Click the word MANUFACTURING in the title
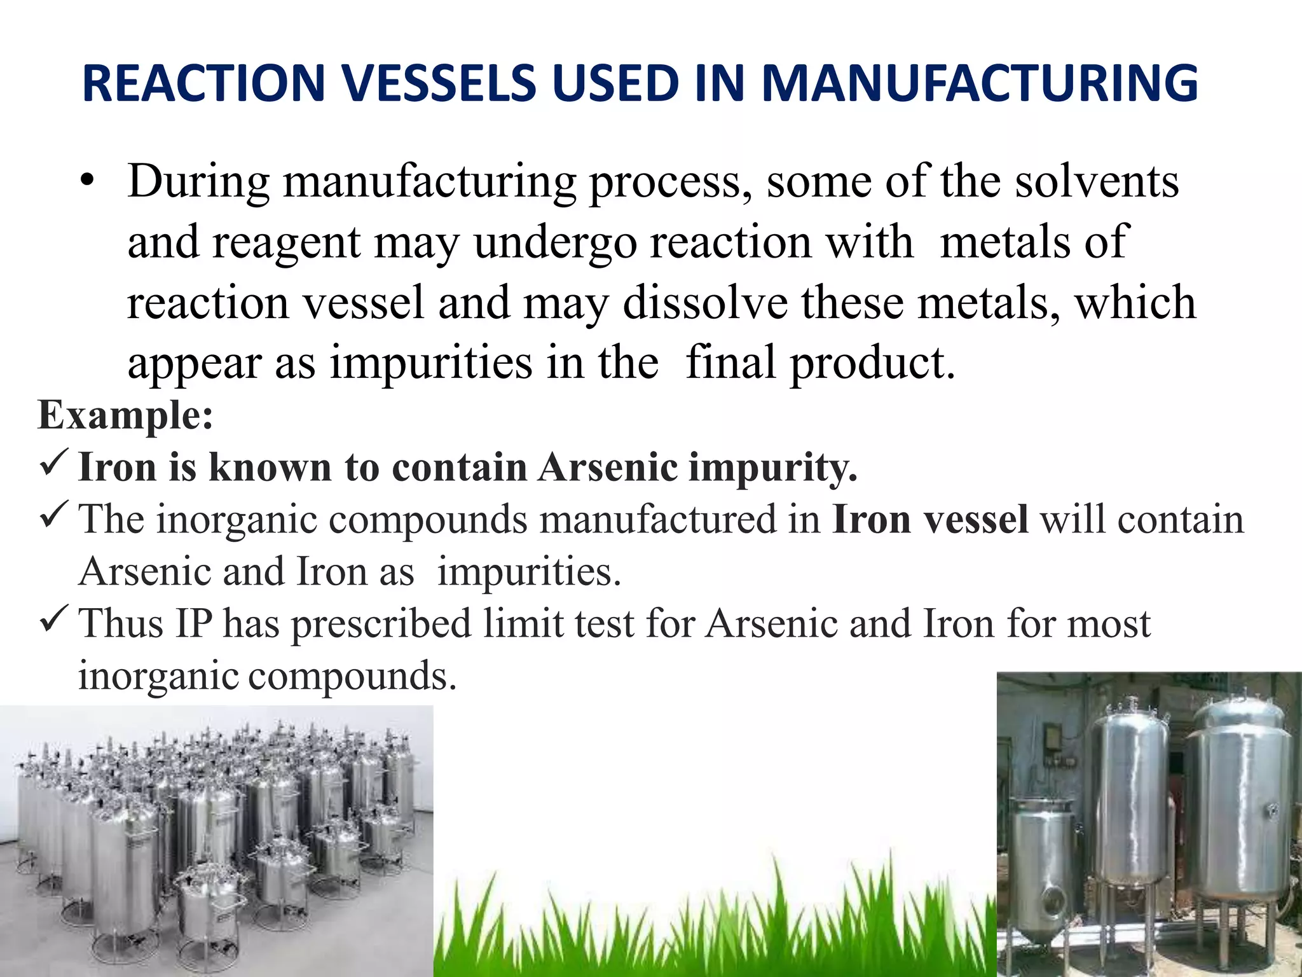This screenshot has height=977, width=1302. click(980, 83)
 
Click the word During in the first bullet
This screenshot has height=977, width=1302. click(199, 183)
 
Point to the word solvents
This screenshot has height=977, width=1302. click(1097, 183)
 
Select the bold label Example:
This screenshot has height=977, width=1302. click(125, 415)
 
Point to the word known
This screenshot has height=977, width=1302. click(270, 468)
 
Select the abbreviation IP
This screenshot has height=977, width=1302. click(194, 623)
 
